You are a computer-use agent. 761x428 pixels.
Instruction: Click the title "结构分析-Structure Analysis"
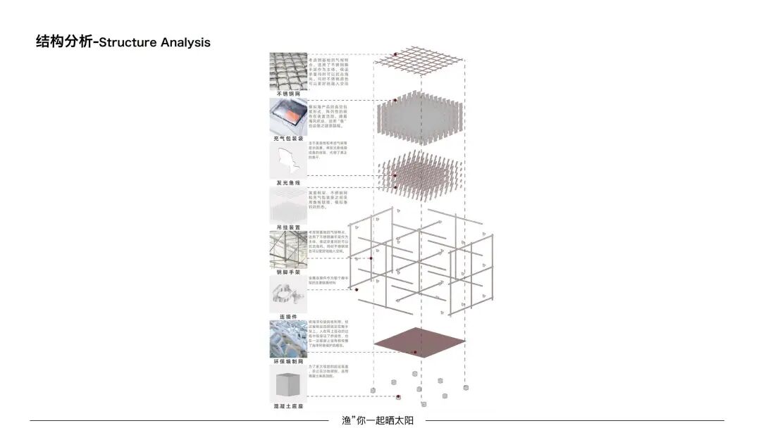pos(123,42)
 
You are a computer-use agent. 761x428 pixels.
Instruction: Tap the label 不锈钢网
pos(287,93)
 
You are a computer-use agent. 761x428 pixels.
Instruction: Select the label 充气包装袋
pos(287,139)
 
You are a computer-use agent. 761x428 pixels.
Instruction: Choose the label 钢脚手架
pos(287,272)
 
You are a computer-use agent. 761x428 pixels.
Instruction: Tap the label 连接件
pos(287,317)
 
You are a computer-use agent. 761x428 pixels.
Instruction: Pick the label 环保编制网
pos(287,362)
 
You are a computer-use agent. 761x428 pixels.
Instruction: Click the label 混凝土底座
pos(287,406)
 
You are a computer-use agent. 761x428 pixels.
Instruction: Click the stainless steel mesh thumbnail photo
pos(287,70)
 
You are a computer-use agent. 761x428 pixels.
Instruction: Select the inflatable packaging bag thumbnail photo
pos(287,116)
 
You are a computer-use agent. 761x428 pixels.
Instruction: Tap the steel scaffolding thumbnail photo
pos(287,249)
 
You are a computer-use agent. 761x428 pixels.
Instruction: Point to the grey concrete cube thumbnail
pos(287,384)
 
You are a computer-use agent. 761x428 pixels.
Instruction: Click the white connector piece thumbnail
pos(287,294)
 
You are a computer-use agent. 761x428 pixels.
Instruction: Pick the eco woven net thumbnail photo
pos(287,339)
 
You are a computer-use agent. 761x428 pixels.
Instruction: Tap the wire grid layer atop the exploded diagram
pos(420,61)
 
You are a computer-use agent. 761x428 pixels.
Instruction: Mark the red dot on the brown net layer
pos(415,352)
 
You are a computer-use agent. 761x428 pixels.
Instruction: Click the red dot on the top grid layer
pos(396,54)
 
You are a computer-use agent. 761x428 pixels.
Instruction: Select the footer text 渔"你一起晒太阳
pos(377,420)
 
